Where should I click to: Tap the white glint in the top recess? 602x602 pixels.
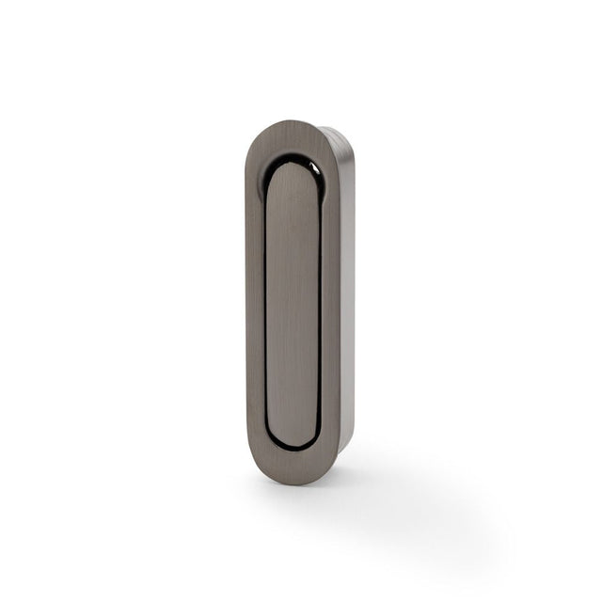pyautogui.click(x=316, y=169)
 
